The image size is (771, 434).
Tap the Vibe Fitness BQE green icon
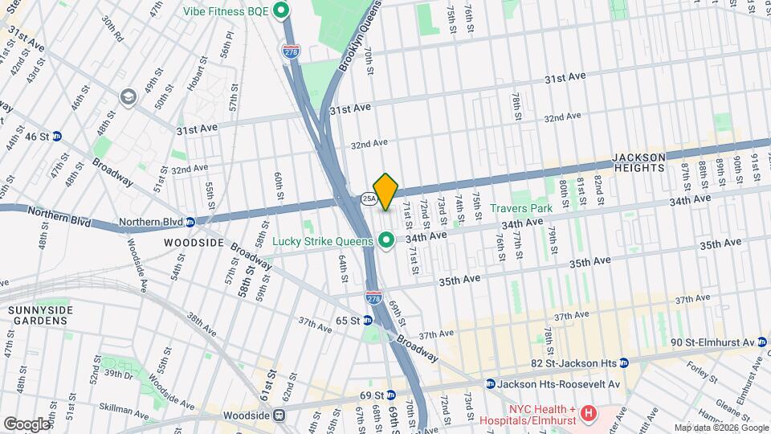(281, 10)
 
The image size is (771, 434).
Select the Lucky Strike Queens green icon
(386, 240)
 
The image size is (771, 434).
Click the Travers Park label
(522, 208)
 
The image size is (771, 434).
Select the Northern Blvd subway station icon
(190, 222)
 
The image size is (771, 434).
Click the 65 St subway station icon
(367, 320)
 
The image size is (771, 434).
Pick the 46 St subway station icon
(57, 137)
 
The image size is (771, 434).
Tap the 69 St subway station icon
(390, 395)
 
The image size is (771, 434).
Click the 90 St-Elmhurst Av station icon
(763, 342)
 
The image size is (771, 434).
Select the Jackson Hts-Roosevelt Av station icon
(490, 383)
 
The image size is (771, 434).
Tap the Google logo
(27, 424)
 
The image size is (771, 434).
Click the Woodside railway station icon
(279, 416)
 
